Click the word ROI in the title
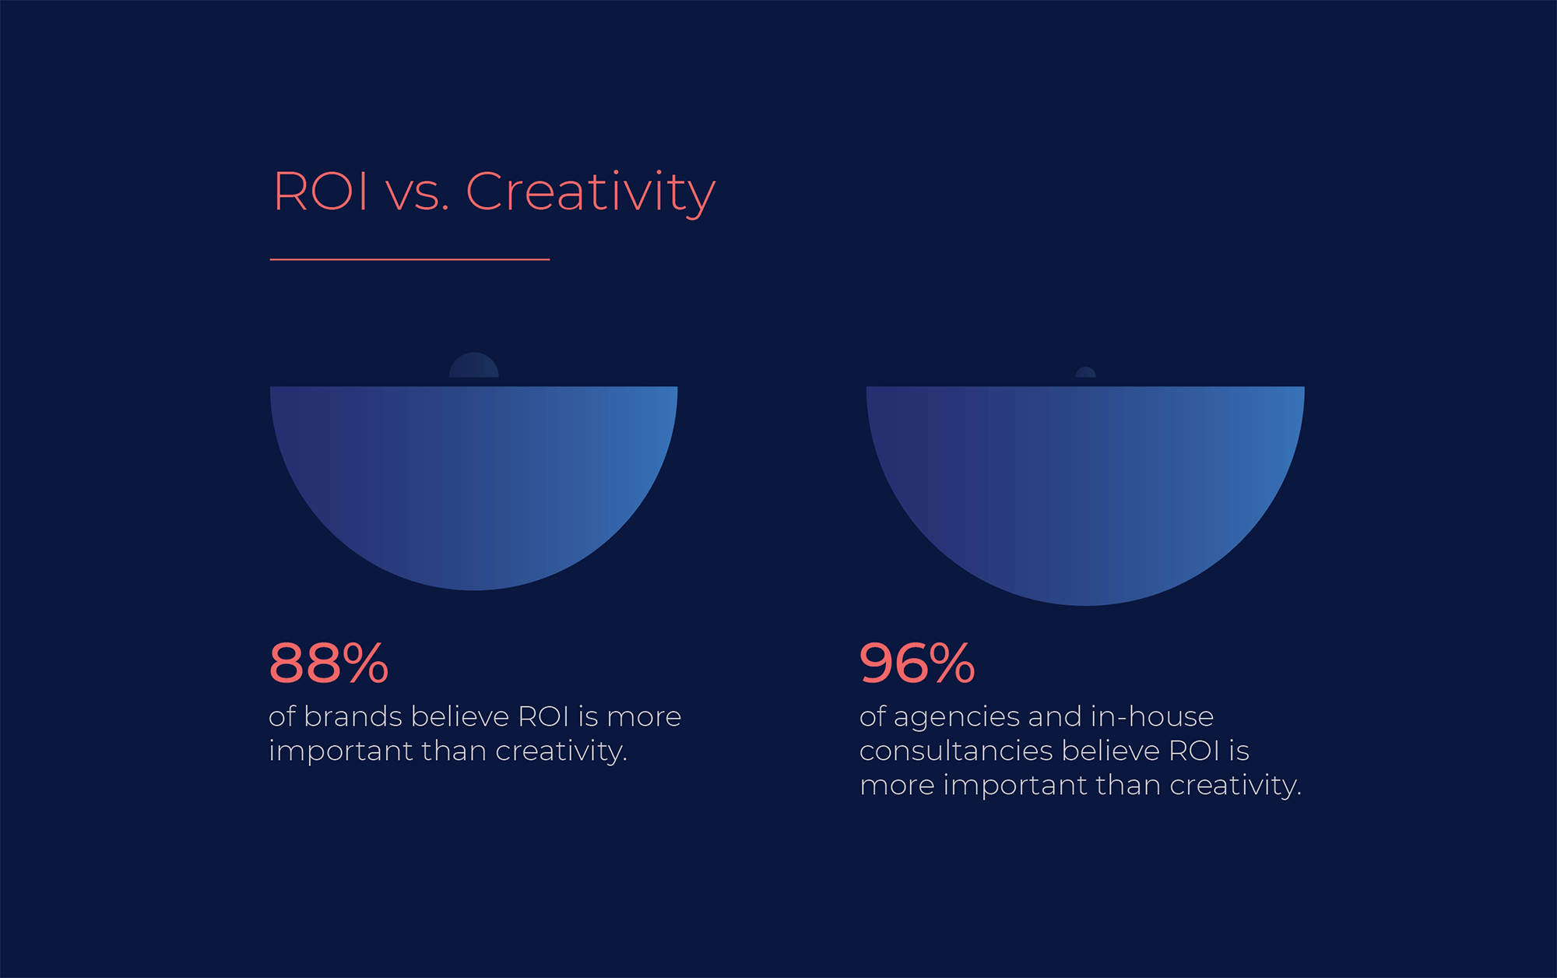tap(321, 192)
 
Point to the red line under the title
tap(409, 259)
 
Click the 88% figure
tap(329, 663)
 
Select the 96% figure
tap(917, 663)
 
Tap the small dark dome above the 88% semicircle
tap(474, 366)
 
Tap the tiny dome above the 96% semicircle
tap(1085, 372)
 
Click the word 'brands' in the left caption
tap(353, 716)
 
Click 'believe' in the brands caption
tap(459, 716)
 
